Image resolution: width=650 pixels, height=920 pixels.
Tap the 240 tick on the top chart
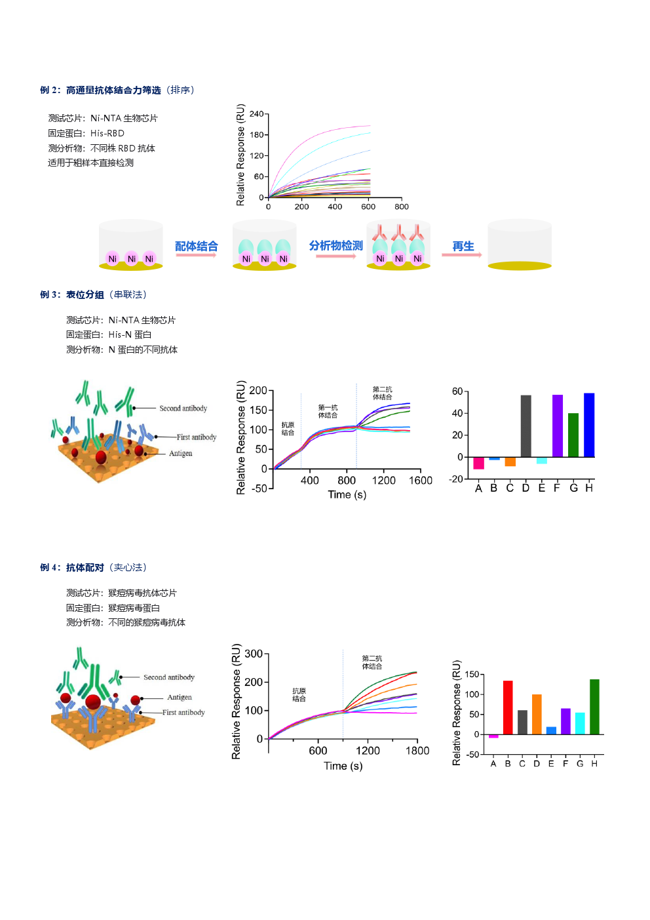click(256, 114)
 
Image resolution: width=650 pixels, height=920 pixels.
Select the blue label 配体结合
click(196, 246)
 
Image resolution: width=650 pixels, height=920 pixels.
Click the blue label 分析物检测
click(335, 245)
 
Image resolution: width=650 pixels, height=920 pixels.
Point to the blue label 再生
click(463, 246)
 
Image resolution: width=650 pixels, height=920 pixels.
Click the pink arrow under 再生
click(461, 254)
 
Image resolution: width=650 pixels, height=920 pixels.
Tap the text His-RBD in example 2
click(107, 133)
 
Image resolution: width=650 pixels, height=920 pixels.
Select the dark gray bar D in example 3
click(526, 426)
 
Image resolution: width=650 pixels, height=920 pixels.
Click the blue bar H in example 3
click(589, 424)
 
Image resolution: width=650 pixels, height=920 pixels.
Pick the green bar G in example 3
click(573, 435)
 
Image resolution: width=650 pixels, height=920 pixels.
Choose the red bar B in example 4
click(508, 707)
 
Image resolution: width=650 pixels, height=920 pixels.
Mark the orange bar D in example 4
click(537, 714)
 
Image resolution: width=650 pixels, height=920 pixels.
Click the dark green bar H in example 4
click(594, 706)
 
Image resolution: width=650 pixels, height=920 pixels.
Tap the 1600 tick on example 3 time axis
click(421, 481)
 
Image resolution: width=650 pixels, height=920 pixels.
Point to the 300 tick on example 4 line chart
click(253, 654)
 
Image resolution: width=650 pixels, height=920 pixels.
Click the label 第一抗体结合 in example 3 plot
click(328, 411)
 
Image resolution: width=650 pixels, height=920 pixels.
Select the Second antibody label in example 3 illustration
click(183, 409)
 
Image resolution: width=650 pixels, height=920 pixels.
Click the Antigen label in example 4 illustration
click(179, 698)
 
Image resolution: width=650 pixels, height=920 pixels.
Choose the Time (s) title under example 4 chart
click(343, 766)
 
